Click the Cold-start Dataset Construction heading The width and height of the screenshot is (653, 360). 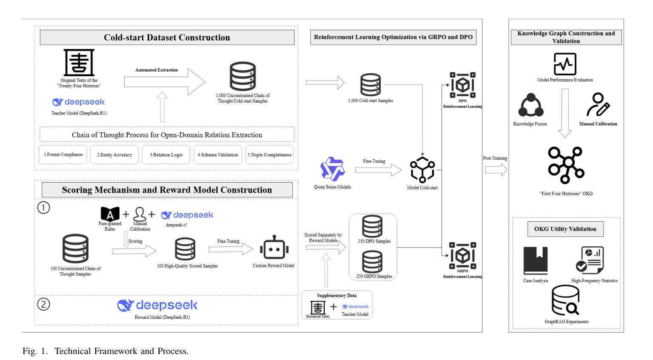(167, 37)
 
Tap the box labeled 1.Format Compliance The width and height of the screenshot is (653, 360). (63, 154)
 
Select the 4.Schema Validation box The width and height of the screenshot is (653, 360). (218, 154)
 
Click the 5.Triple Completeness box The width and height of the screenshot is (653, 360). (269, 154)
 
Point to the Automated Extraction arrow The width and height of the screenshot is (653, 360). (165, 82)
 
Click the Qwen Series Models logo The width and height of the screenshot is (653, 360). (332, 169)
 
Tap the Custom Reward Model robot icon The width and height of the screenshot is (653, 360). (274, 247)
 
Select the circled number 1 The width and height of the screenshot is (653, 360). (44, 208)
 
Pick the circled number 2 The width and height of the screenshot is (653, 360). (44, 304)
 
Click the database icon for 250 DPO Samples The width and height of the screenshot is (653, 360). (372, 226)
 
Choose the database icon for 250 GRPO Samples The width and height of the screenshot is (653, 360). (372, 262)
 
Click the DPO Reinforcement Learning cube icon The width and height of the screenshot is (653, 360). (463, 85)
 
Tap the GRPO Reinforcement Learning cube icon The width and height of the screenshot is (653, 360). (463, 255)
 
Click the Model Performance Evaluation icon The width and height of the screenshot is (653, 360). (565, 64)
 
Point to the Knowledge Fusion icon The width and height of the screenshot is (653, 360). (531, 105)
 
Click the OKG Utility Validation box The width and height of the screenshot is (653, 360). (566, 229)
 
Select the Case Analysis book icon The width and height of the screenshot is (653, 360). (536, 261)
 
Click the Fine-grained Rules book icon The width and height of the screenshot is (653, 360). (110, 214)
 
